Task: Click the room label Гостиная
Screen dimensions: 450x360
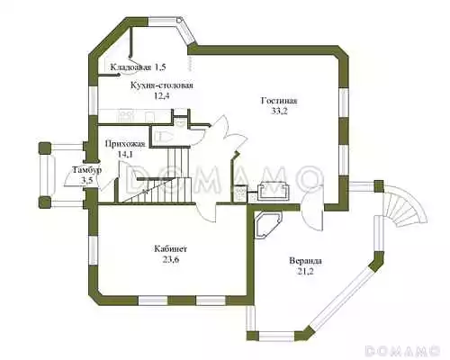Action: [x=279, y=101]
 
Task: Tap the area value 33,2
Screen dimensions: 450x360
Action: [x=280, y=112]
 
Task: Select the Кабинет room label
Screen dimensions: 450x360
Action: [x=171, y=248]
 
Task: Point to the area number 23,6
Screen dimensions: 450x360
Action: [x=171, y=259]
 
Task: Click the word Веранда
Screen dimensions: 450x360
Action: [x=305, y=261]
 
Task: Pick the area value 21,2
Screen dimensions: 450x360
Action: [x=306, y=272]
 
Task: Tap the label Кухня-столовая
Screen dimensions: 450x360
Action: [x=162, y=85]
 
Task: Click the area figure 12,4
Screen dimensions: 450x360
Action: [x=162, y=96]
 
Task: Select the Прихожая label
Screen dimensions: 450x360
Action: [x=125, y=144]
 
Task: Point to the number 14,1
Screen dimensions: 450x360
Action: [x=125, y=155]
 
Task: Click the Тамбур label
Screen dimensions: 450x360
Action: [x=87, y=170]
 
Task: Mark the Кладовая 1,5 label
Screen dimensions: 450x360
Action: [x=138, y=67]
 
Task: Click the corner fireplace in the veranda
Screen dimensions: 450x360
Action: [x=268, y=225]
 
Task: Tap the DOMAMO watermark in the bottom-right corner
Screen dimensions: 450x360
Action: [x=402, y=350]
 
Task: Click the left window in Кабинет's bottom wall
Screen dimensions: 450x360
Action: [x=153, y=301]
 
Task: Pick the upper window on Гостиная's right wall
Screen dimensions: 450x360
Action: [x=344, y=102]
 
